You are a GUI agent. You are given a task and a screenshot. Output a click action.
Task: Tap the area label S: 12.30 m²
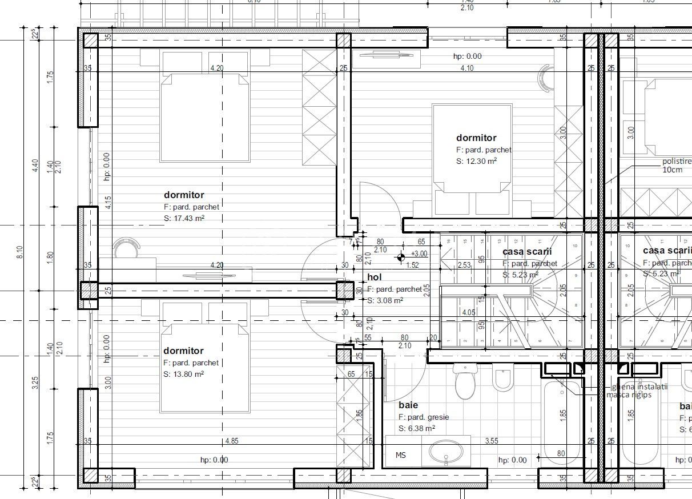click(476, 161)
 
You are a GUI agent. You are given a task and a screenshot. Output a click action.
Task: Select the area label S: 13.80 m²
click(183, 374)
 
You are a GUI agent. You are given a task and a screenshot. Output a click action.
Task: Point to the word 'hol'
click(374, 277)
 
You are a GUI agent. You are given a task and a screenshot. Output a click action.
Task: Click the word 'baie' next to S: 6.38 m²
click(408, 405)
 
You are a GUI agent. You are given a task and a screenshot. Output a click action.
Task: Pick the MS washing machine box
click(402, 455)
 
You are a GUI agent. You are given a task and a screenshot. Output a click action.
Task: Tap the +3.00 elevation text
click(419, 253)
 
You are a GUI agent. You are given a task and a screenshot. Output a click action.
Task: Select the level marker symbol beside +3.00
click(402, 257)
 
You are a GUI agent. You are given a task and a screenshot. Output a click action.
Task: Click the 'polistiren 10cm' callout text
click(676, 166)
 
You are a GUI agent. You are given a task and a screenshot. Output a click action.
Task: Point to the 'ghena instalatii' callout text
click(637, 387)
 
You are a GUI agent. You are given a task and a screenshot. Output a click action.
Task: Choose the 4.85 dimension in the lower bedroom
click(231, 441)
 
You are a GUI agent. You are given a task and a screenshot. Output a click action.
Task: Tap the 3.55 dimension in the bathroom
click(492, 441)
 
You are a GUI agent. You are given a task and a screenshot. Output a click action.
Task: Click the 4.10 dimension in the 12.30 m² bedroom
click(467, 68)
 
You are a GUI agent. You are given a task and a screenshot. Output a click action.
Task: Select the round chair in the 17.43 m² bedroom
click(127, 249)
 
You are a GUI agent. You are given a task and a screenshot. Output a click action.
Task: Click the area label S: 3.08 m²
click(385, 300)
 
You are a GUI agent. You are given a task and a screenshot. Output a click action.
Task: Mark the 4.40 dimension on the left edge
click(35, 166)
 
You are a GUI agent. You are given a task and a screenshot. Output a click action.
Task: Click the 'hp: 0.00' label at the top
click(467, 56)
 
